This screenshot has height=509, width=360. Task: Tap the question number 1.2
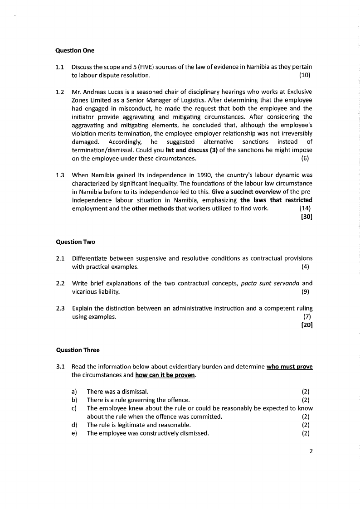60,92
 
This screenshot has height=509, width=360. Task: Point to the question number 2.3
60,308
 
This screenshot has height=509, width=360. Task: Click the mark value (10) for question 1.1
306,75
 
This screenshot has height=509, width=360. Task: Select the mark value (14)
306,208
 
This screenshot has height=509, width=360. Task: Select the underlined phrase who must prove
290,366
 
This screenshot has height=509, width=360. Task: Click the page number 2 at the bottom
311,451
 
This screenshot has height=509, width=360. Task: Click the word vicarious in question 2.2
84,291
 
